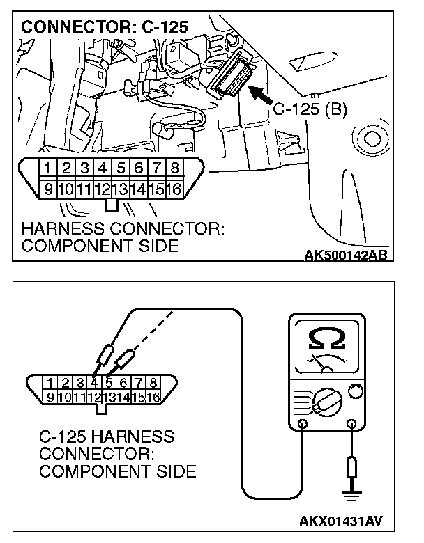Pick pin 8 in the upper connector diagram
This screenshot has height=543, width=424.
coord(174,168)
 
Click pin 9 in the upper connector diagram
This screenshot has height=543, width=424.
coord(47,187)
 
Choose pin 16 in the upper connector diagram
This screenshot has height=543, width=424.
coord(174,187)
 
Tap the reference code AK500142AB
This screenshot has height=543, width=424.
coord(346,255)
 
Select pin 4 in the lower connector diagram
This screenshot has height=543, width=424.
coord(93,381)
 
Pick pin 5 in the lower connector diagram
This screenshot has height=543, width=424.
coord(109,381)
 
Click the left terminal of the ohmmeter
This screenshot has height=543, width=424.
coord(302,423)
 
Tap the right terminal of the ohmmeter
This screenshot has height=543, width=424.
coord(352,423)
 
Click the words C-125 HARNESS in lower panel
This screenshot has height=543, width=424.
coord(107,438)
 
